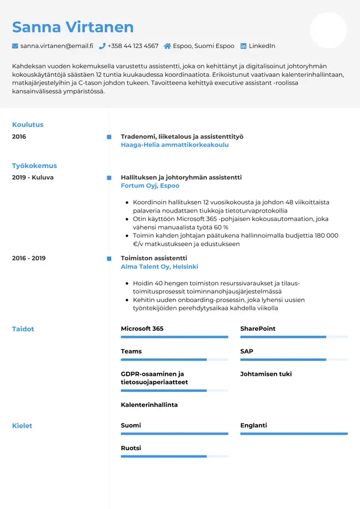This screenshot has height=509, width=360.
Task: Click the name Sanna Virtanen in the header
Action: point(73,27)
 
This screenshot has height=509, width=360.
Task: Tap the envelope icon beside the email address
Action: point(15,46)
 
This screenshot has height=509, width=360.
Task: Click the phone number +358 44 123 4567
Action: point(133,46)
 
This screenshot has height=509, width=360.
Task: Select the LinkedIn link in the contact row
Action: point(262,46)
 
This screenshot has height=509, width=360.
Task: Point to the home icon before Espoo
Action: point(167,46)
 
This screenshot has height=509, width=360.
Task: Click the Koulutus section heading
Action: point(28,125)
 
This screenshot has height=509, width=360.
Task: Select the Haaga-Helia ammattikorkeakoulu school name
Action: point(175,145)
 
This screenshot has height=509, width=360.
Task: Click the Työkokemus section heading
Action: point(34,166)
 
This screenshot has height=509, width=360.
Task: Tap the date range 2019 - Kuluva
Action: point(33,178)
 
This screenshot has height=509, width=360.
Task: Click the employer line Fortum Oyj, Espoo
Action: point(150,186)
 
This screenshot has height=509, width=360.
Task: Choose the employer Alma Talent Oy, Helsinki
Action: point(159,267)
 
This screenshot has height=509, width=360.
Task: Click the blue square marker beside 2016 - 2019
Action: point(109,258)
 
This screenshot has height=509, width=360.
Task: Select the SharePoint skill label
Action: point(257,329)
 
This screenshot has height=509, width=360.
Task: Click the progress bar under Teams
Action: point(174,360)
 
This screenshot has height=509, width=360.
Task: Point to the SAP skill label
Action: point(247,352)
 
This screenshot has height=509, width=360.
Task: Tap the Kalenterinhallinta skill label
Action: point(149,405)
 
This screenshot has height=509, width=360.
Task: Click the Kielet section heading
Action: point(22,426)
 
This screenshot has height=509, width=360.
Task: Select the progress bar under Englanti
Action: point(294,433)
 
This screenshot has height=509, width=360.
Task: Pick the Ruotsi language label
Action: point(131,448)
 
